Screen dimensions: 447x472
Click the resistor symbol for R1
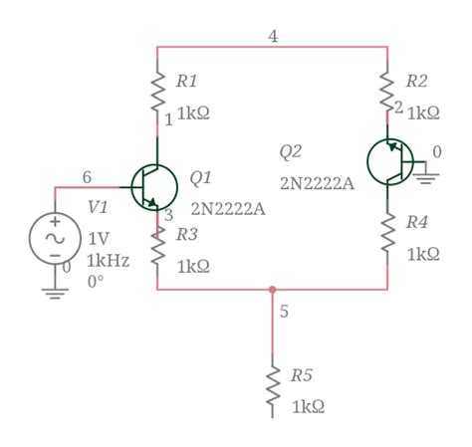pos(157,91)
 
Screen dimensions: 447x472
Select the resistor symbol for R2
pos(388,91)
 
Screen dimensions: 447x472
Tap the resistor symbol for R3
pos(157,246)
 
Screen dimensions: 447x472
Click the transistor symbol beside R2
pos(390,162)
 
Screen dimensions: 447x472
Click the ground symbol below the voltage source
pos(55,292)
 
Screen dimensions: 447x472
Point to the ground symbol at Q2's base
pos(427,178)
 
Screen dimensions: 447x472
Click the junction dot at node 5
pos(273,290)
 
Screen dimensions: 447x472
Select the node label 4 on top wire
pos(273,37)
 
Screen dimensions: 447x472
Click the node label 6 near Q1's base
pos(87,177)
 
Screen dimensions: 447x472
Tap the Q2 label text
pos(290,151)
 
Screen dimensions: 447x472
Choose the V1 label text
pos(98,207)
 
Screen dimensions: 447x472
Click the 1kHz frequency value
pos(108,260)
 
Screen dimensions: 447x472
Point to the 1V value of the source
pos(99,239)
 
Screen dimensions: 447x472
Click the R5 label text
pos(302,376)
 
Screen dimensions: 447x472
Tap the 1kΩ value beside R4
pos(423,254)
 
